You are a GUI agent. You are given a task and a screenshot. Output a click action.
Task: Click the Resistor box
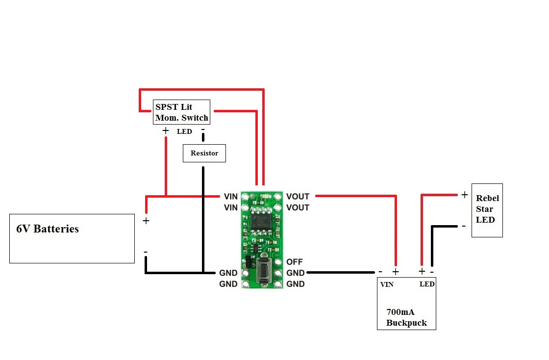pos(204,153)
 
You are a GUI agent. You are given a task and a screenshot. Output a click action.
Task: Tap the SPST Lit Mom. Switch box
pos(181,112)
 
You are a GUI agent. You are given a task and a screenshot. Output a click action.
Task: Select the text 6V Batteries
pos(48,229)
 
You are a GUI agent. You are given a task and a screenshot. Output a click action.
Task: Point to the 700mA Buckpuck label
pos(406,318)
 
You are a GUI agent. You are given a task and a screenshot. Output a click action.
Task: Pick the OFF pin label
pos(295,262)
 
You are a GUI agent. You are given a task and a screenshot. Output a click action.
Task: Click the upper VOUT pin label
pos(298,197)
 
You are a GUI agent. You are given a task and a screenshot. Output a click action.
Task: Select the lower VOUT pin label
pos(298,207)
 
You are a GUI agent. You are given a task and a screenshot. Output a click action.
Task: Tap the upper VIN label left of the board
pos(230,197)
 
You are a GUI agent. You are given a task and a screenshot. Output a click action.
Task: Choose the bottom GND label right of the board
pos(296,284)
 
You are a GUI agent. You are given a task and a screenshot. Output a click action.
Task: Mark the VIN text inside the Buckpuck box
pos(387,284)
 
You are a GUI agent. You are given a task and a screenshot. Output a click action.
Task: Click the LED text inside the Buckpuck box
pos(427,284)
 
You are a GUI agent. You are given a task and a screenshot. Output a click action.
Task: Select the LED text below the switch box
pos(184,131)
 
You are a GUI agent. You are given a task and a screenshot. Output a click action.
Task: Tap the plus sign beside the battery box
pos(146,221)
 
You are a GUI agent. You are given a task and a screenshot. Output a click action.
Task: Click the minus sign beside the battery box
pos(146,252)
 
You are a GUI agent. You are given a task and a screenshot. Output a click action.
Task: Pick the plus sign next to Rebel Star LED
pos(464,195)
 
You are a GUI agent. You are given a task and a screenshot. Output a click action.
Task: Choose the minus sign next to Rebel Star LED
pos(463,226)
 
